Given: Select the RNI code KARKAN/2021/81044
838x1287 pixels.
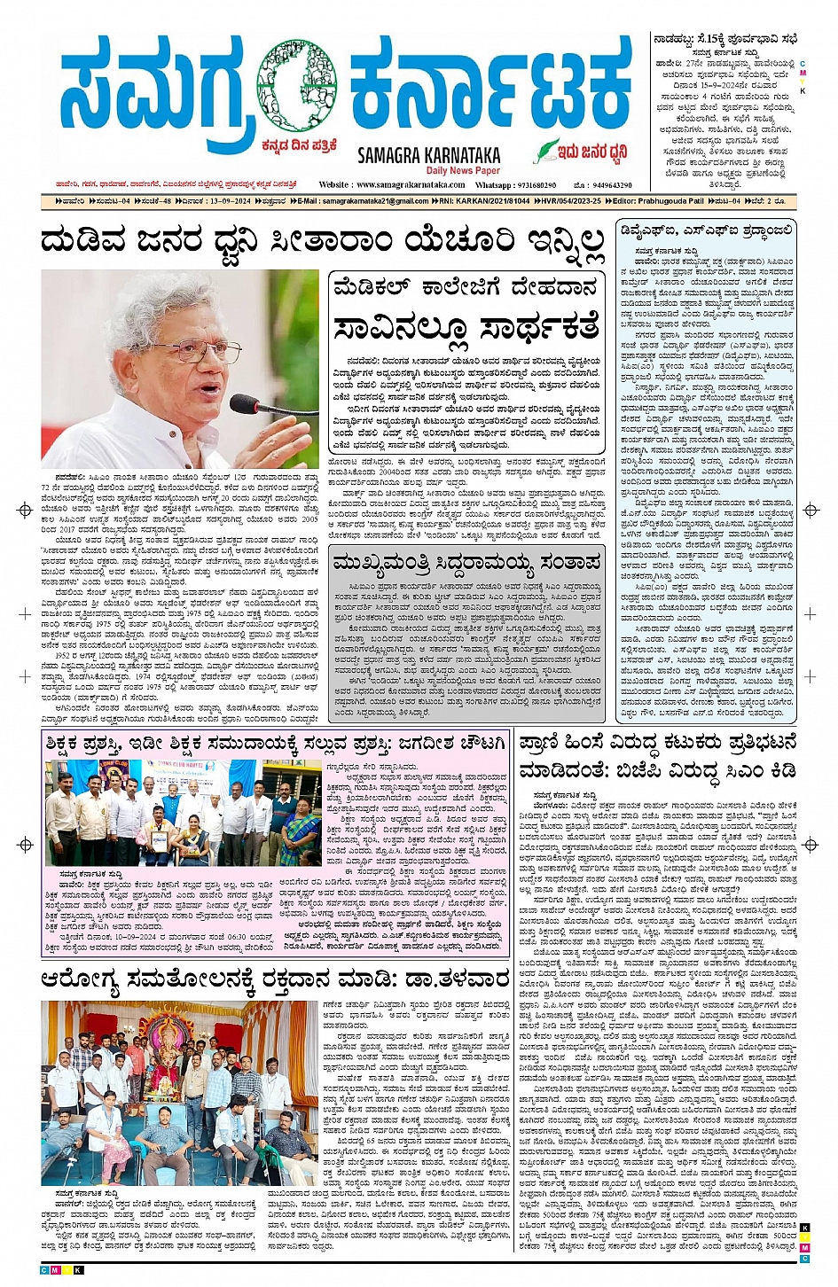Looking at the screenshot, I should coord(492,201).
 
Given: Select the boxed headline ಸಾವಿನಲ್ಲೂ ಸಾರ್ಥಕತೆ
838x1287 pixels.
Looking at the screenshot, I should coord(466,327).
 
